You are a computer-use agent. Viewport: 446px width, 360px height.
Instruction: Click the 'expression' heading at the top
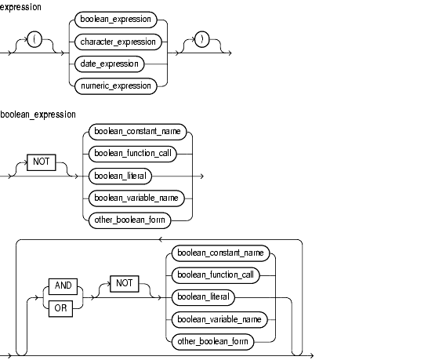click(x=20, y=7)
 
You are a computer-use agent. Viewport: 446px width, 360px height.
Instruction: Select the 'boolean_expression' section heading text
click(x=38, y=115)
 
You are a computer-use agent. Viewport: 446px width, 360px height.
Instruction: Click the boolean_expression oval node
click(x=115, y=20)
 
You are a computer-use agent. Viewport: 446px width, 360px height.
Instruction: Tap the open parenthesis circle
click(x=34, y=39)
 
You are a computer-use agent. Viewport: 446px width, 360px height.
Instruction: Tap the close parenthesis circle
click(x=202, y=39)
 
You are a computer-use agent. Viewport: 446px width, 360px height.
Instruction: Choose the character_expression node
click(x=118, y=42)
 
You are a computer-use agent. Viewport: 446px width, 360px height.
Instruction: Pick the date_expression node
click(x=110, y=64)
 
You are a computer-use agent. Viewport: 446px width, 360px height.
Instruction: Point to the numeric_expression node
click(x=116, y=86)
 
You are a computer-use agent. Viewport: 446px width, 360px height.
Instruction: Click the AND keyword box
click(x=63, y=286)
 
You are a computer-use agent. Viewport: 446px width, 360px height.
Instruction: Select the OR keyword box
click(x=60, y=309)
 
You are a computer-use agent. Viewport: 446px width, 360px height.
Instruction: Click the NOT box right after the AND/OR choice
click(x=125, y=284)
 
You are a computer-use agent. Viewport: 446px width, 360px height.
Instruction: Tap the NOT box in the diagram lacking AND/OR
click(x=42, y=162)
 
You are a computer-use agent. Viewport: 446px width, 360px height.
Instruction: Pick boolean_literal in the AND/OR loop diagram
click(x=203, y=298)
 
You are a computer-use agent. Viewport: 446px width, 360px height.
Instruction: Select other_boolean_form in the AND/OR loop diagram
click(x=212, y=342)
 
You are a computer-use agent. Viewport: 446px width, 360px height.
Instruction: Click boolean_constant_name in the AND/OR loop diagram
click(x=220, y=253)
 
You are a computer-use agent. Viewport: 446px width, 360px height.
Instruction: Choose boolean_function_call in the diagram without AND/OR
click(x=132, y=154)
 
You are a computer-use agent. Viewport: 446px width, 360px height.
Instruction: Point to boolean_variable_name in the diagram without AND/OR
click(x=136, y=198)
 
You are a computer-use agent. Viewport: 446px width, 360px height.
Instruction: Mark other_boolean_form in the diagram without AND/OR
click(x=129, y=220)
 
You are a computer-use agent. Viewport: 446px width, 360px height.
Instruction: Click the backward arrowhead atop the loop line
click(x=161, y=240)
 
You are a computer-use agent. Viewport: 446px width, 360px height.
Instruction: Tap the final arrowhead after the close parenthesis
click(x=230, y=53)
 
